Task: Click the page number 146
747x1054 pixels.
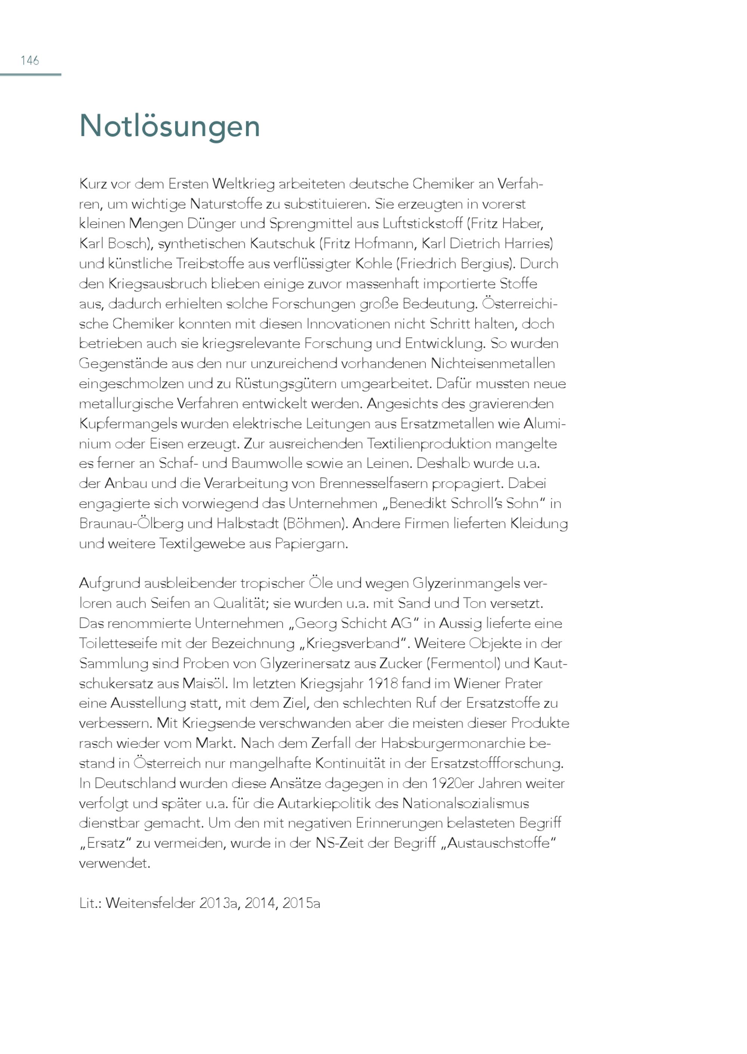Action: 30,60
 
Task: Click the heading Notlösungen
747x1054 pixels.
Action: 170,125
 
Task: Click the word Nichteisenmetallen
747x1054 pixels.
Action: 493,364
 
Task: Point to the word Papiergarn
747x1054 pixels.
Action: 311,544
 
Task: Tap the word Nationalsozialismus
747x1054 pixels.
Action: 465,803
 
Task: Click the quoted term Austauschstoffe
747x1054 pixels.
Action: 499,843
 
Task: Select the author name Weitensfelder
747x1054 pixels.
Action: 151,903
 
